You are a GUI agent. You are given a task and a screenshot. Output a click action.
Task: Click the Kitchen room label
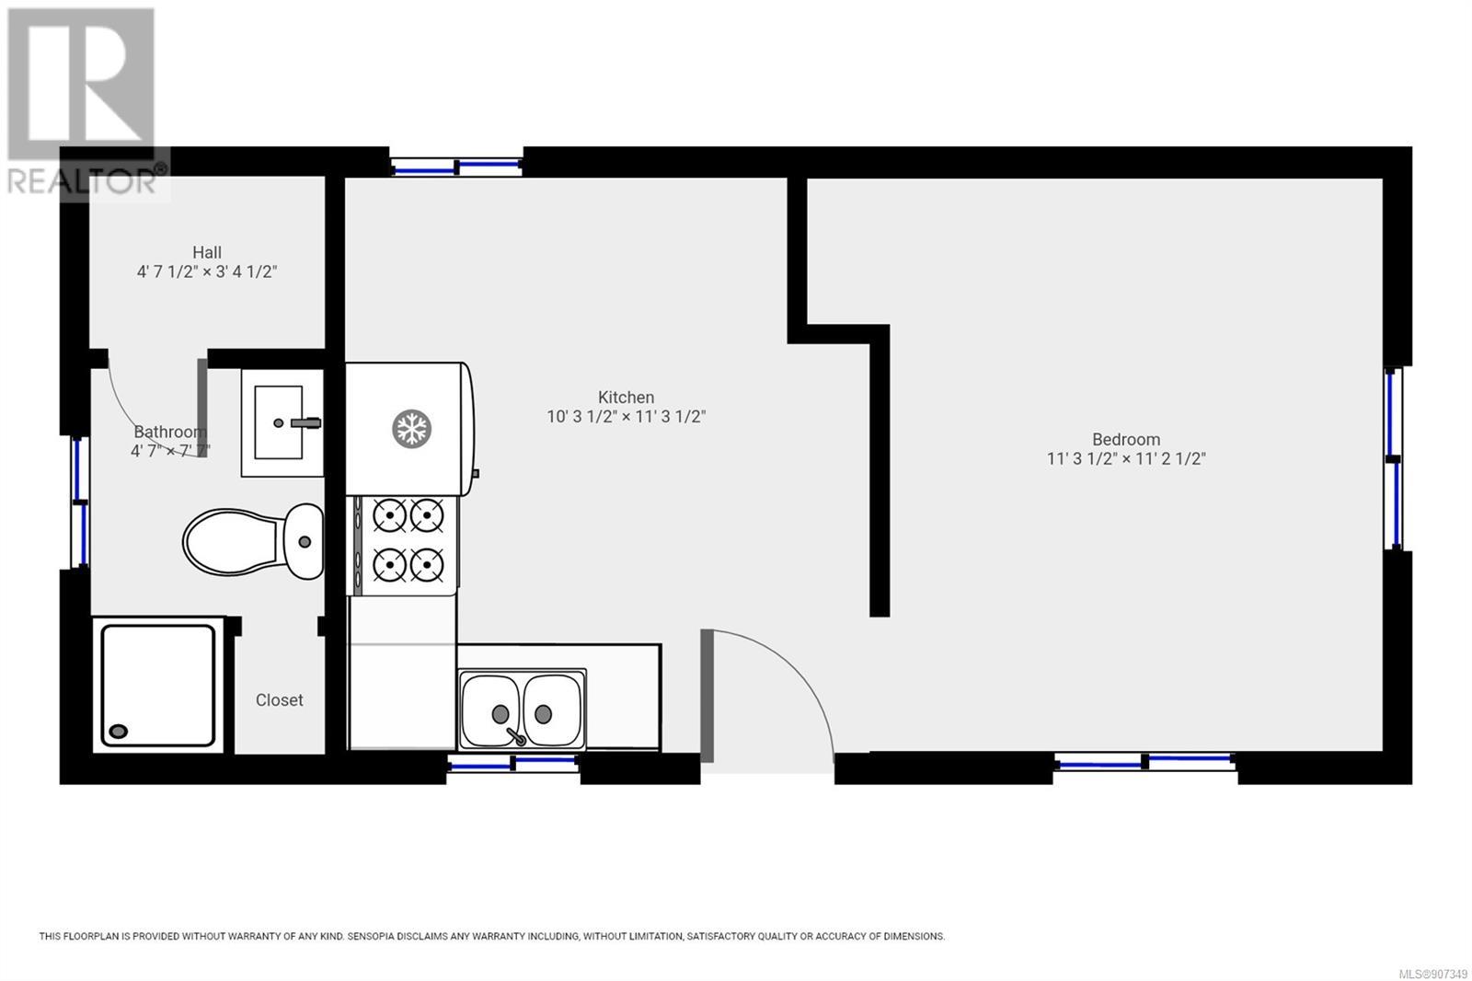pos(626,398)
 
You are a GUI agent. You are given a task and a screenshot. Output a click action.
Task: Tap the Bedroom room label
pos(1126,439)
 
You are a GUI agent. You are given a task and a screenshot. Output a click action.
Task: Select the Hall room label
pos(206,252)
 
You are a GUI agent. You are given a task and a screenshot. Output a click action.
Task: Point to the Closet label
pos(280,700)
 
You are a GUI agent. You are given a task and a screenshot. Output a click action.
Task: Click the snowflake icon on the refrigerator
pos(411,429)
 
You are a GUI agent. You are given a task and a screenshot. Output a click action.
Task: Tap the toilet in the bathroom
pos(254,542)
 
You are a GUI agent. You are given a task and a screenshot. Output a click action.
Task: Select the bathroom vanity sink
pos(282,422)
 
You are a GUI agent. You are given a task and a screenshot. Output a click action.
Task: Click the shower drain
pos(119,731)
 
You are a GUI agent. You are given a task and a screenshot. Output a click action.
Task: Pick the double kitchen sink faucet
pos(515,736)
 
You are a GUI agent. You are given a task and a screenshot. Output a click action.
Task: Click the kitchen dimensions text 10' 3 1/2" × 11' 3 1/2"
pos(627,417)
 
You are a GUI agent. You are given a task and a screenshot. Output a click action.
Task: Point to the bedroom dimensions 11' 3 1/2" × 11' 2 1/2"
pos(1126,459)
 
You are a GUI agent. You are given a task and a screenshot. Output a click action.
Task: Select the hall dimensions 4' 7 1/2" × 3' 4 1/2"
pos(206,272)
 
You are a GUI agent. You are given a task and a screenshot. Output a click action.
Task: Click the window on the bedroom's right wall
pos(1393,458)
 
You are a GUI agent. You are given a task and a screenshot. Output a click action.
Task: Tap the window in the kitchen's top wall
pos(456,167)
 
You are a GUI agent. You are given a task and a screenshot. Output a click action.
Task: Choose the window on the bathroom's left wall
pos(80,502)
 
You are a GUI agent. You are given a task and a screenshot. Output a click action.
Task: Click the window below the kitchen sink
pos(513,764)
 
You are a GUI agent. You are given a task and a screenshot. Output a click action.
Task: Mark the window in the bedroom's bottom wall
pos(1145,762)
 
